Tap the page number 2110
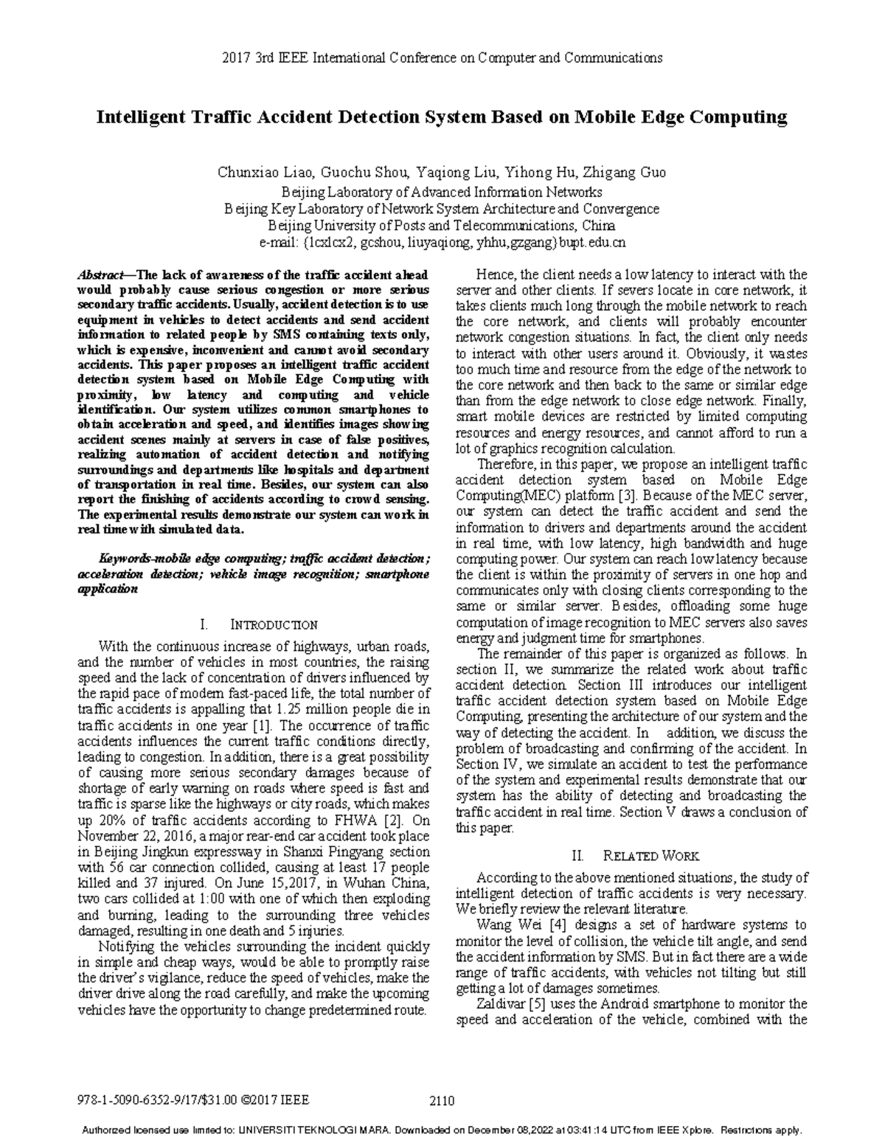pyautogui.click(x=441, y=1102)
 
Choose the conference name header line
pyautogui.click(x=441, y=58)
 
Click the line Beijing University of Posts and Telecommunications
pyautogui.click(x=441, y=226)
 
